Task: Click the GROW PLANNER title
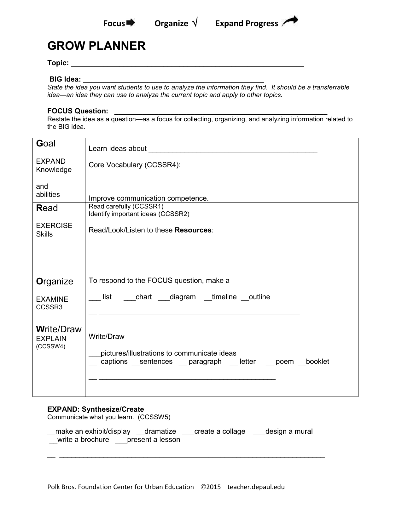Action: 96,46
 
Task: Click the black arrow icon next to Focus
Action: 131,23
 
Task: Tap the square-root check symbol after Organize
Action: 195,23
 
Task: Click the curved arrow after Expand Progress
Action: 290,21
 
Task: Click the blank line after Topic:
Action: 187,64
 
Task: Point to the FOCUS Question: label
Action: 78,111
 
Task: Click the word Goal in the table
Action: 46,144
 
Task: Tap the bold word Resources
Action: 193,230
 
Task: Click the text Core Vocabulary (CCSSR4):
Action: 135,165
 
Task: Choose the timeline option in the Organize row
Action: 224,297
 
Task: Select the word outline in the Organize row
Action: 259,297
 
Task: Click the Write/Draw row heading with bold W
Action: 59,329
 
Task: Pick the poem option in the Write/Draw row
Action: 284,362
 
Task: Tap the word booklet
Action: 317,362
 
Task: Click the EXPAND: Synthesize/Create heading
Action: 96,409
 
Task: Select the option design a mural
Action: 289,431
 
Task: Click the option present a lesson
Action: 153,440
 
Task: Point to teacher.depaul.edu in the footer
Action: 256,487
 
